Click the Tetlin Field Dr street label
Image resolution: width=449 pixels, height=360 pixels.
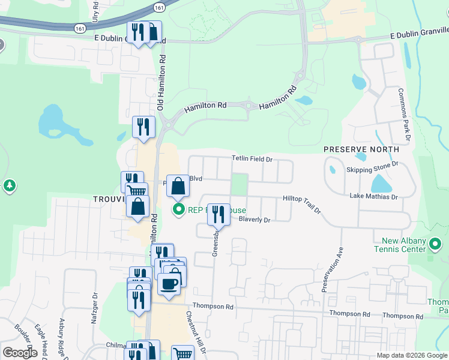[253, 160]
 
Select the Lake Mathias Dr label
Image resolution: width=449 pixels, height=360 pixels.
[374, 197]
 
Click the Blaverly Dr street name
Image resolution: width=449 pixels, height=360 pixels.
[255, 220]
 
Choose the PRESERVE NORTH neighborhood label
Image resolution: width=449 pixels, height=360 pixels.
[361, 149]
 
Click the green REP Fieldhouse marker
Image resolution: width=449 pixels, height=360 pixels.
[178, 209]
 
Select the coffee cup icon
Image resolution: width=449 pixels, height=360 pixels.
[169, 283]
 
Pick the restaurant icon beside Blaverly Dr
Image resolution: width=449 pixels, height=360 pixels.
[218, 214]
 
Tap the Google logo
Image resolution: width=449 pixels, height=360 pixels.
[20, 353]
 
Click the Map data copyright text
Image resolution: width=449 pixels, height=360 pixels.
[412, 355]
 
